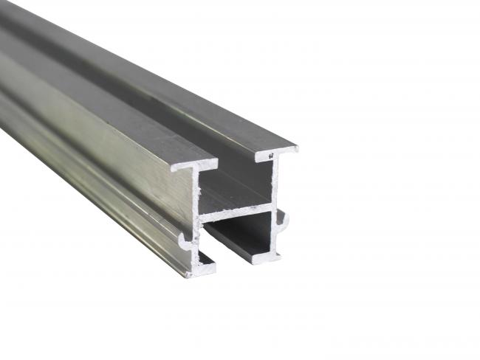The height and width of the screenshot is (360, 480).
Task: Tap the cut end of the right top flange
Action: click(x=277, y=153)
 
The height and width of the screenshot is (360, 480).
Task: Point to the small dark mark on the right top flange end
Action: click(x=272, y=155)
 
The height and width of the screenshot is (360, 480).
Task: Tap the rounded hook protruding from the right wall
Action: click(x=283, y=219)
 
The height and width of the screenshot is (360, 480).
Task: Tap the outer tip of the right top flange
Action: click(x=296, y=148)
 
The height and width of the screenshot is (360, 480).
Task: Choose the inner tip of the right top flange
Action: click(x=258, y=157)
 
